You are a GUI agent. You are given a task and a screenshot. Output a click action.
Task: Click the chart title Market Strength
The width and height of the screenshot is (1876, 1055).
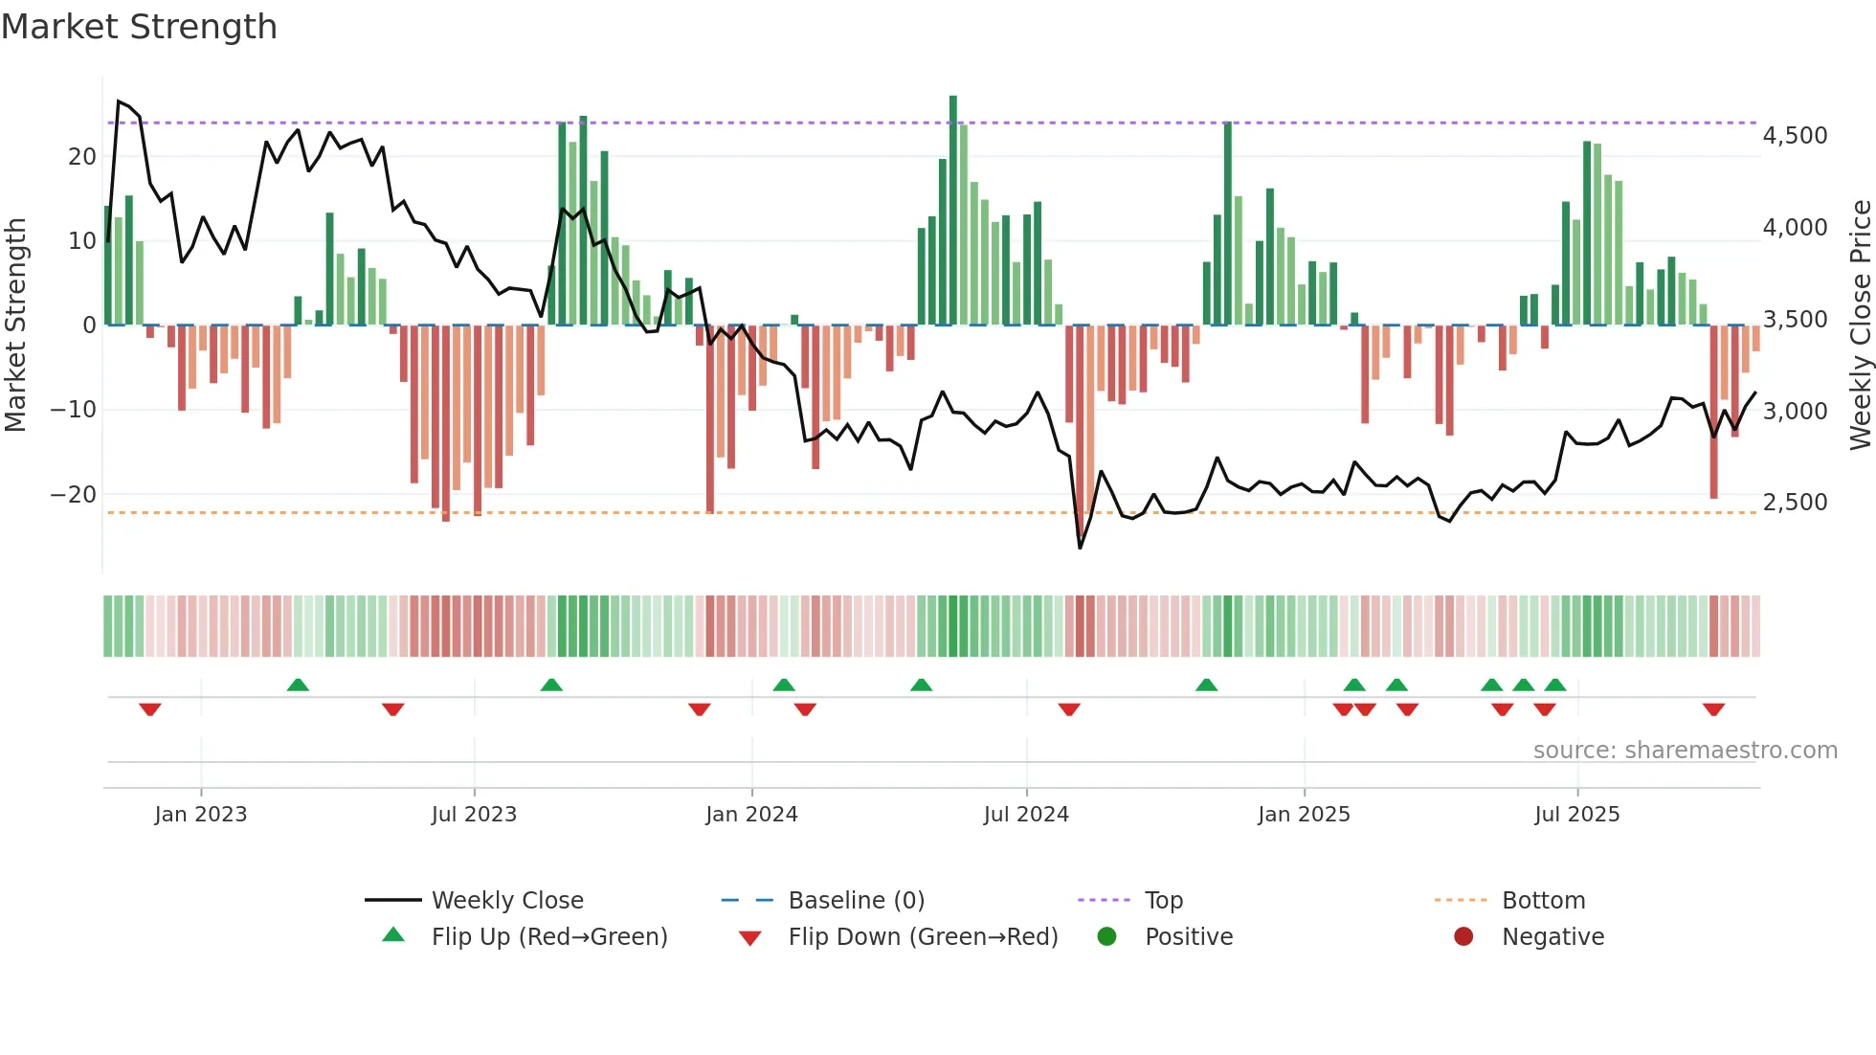(139, 27)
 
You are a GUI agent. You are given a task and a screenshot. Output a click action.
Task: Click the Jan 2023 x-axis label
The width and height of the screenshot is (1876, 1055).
(201, 815)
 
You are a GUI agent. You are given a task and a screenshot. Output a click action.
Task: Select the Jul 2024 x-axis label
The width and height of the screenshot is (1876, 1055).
(1026, 815)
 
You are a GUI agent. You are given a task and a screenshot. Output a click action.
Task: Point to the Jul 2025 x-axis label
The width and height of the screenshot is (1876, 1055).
(1576, 815)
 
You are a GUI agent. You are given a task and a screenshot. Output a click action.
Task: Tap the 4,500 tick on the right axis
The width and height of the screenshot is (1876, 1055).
(1795, 136)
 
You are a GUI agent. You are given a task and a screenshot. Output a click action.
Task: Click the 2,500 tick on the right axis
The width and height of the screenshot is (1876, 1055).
(1795, 503)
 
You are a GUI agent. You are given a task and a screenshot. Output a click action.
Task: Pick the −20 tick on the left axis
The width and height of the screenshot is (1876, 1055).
(73, 495)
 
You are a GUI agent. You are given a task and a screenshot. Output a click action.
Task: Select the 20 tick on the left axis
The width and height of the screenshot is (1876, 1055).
(82, 157)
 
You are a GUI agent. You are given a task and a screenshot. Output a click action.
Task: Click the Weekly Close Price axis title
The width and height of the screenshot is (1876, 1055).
(1860, 325)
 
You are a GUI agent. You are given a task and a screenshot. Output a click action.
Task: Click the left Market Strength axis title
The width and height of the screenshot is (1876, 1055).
(15, 325)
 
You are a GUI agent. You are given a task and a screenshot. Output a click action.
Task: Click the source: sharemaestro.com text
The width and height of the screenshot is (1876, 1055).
(1685, 751)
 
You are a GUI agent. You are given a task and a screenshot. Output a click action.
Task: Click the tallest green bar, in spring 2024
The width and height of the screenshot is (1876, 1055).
(953, 211)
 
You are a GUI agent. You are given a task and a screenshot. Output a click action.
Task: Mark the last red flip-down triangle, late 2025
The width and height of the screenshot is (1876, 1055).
(1713, 709)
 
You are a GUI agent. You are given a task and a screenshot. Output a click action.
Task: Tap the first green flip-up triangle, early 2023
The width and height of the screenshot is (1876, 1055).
(298, 685)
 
